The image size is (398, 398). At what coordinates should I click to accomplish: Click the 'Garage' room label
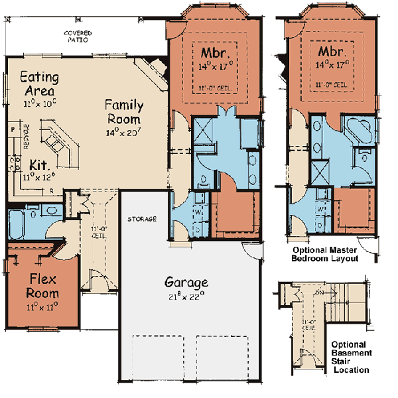186,281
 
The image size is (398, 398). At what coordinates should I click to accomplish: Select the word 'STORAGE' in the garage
142,219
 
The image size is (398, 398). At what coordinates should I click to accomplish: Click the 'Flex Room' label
42,285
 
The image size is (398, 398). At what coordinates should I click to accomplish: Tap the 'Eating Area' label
38,83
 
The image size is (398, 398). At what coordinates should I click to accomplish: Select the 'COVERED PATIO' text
78,36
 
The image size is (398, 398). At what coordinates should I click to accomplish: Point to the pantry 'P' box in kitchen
13,125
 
